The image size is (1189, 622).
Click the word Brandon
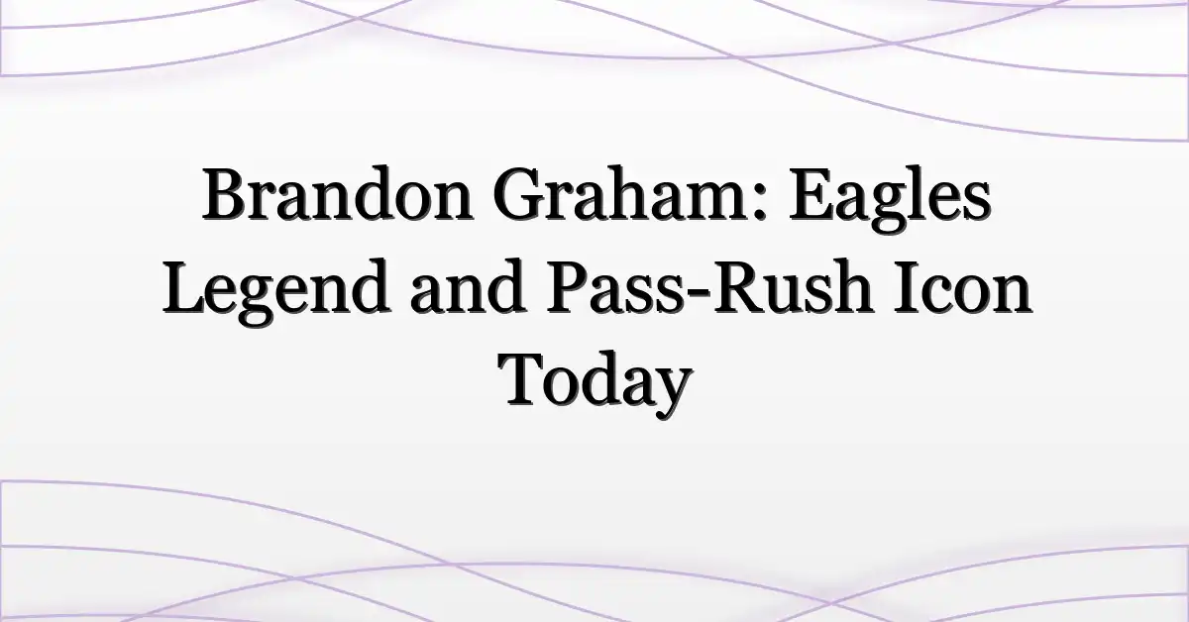[337, 194]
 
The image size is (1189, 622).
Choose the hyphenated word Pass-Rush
[709, 287]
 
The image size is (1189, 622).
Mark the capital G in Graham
[520, 194]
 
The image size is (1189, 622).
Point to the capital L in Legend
[185, 286]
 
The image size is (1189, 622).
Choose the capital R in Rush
[734, 286]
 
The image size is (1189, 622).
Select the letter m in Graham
[715, 203]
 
